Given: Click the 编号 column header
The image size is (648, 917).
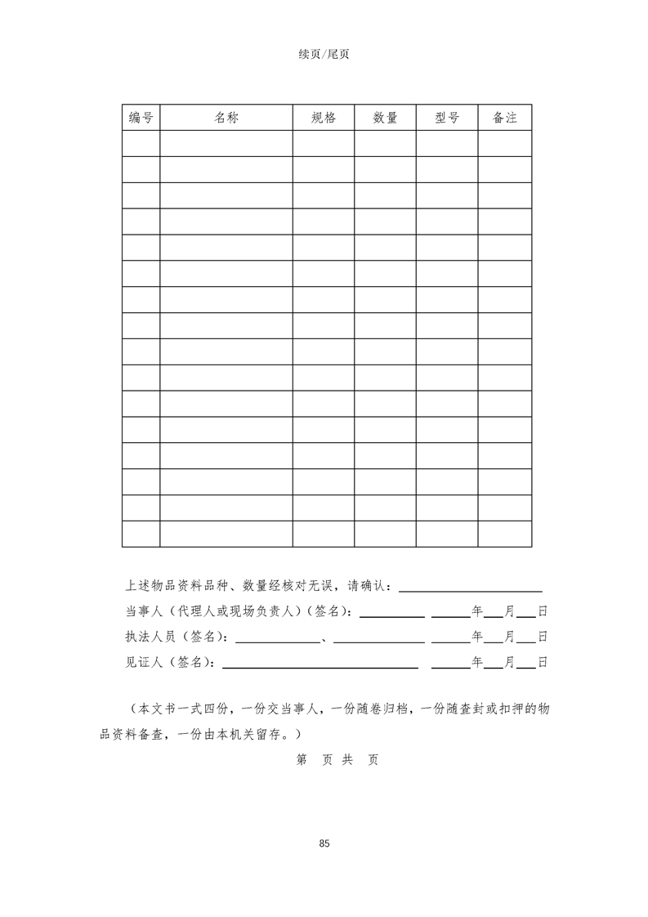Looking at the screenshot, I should (x=141, y=118).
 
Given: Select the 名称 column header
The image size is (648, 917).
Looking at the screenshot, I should (x=226, y=118).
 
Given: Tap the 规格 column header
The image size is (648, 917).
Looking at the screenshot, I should (x=324, y=118).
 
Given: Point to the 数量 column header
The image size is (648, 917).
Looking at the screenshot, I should (x=385, y=118).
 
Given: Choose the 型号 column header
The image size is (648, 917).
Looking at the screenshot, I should (x=447, y=118).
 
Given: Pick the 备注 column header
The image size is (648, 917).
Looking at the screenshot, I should (x=505, y=118).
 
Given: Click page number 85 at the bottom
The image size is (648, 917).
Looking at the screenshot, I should (x=324, y=843).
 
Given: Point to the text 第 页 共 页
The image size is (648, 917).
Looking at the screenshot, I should (x=337, y=759).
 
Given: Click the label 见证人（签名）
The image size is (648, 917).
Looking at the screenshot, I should (x=171, y=663).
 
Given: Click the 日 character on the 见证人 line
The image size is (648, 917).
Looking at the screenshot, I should (x=542, y=663).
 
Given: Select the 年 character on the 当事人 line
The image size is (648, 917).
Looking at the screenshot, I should (x=478, y=611).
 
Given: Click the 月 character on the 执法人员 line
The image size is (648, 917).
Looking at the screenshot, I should (x=510, y=637).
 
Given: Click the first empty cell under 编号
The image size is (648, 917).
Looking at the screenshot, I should (x=141, y=143).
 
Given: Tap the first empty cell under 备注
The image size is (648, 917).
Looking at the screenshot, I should (x=505, y=143).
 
